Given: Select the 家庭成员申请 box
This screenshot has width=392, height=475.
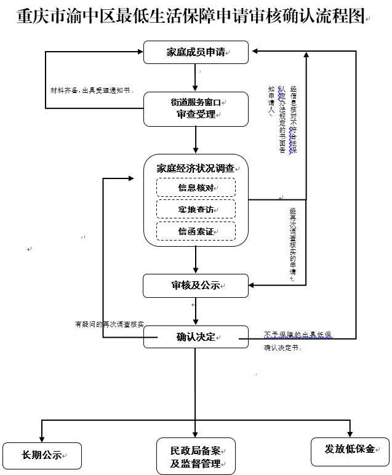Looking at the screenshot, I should point(196,52).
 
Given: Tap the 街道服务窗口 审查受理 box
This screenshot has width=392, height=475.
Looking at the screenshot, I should point(196,109).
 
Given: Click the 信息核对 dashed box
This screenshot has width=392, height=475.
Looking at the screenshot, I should point(196,188).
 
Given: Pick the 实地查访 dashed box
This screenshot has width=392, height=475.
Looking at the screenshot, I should point(196,209).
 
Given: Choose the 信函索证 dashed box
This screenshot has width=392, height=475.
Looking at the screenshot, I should point(196,231).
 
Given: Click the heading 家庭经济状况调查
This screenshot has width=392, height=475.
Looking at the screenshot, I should point(196,167).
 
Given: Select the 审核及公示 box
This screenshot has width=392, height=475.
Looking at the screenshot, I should point(196,285).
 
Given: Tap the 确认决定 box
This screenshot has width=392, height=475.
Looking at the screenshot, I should point(196,337).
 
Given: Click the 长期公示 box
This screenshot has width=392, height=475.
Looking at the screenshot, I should point(42,455).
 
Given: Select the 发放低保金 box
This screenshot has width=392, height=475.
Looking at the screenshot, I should point(350,450).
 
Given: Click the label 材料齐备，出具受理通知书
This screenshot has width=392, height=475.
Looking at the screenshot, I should point(90,90).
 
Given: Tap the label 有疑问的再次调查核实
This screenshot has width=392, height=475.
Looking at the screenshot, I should point(109,324).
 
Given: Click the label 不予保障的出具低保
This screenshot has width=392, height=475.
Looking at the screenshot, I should point(298,334).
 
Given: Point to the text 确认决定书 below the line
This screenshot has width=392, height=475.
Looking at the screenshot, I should point(282,348).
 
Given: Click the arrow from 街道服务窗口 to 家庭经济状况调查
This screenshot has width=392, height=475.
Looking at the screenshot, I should point(196,140).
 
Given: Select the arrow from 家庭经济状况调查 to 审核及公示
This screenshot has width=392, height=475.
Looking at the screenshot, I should point(196,260).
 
